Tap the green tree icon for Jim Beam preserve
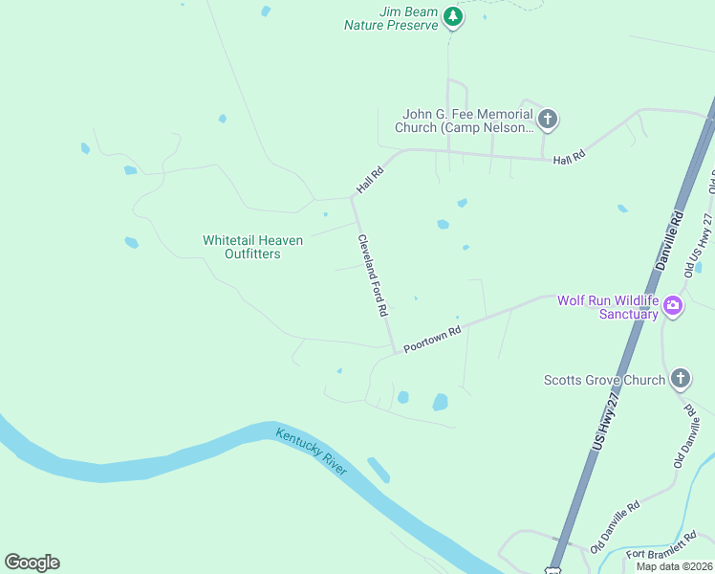pyautogui.click(x=453, y=17)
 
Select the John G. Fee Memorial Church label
pyautogui.click(x=466, y=121)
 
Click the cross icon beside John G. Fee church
pyautogui.click(x=547, y=120)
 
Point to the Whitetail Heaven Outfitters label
pyautogui.click(x=252, y=247)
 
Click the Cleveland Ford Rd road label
pyautogui.click(x=373, y=276)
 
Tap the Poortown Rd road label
pyautogui.click(x=432, y=340)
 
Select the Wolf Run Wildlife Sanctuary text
pyautogui.click(x=608, y=307)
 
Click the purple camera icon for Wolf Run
pyautogui.click(x=673, y=306)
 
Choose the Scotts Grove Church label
pyautogui.click(x=604, y=380)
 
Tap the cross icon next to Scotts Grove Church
pyautogui.click(x=680, y=379)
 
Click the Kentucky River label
pyautogui.click(x=312, y=449)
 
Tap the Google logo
pyautogui.click(x=32, y=563)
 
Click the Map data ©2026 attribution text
pyautogui.click(x=674, y=566)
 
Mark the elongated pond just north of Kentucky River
pyautogui.click(x=379, y=470)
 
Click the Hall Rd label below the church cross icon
pyautogui.click(x=568, y=158)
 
